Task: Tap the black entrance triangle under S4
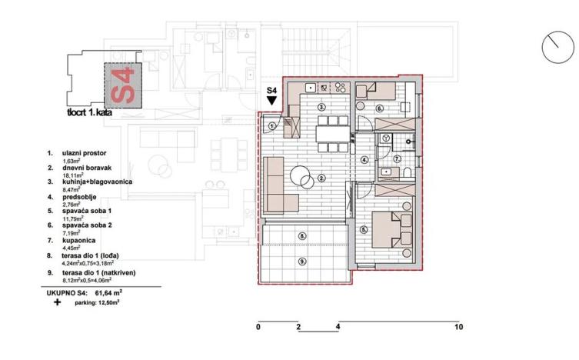(271, 101)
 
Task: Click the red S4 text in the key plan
(123, 85)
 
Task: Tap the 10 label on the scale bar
(458, 327)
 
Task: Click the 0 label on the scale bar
(258, 327)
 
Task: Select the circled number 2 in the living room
(322, 178)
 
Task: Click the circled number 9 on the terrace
(302, 261)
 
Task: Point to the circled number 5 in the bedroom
(364, 229)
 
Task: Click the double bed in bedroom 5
(391, 228)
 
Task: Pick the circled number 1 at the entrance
(272, 127)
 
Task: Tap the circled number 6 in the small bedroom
(379, 109)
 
